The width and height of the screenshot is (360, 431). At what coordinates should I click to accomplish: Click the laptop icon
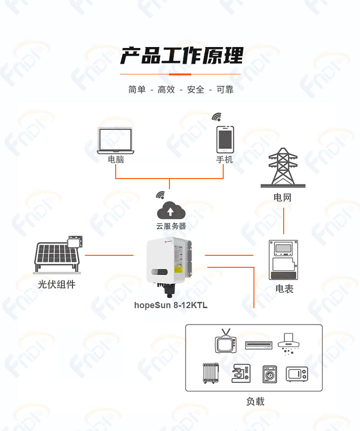point(115,141)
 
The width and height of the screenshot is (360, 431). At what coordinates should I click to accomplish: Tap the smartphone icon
point(225,139)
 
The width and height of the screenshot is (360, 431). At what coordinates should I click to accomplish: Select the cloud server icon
point(171,210)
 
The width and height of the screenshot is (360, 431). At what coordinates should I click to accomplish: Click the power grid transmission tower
point(283,168)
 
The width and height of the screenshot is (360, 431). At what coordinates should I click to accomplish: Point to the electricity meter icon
point(283,260)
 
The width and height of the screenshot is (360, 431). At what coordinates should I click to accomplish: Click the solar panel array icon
point(58,255)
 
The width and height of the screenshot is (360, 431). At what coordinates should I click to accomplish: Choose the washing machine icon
point(270,374)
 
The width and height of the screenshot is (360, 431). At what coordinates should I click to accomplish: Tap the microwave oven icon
point(297,374)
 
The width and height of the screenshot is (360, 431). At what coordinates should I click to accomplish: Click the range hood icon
point(288,344)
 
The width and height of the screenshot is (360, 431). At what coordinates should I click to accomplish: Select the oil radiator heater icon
point(211,373)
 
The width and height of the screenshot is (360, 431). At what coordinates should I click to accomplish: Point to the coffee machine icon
point(241,373)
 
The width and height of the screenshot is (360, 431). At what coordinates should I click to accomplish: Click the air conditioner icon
point(259,345)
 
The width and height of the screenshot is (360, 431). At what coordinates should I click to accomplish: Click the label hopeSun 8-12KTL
point(171,305)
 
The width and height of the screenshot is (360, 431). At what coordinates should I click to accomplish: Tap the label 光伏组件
point(57,284)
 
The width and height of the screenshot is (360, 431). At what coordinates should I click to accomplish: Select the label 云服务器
point(171,226)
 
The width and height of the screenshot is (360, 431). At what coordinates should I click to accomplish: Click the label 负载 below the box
point(255,401)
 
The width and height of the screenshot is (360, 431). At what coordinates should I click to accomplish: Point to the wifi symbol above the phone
point(217,117)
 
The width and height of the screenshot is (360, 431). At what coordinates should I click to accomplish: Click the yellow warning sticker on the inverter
point(179,269)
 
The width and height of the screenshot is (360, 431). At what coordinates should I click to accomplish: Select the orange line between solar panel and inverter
point(109,255)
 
